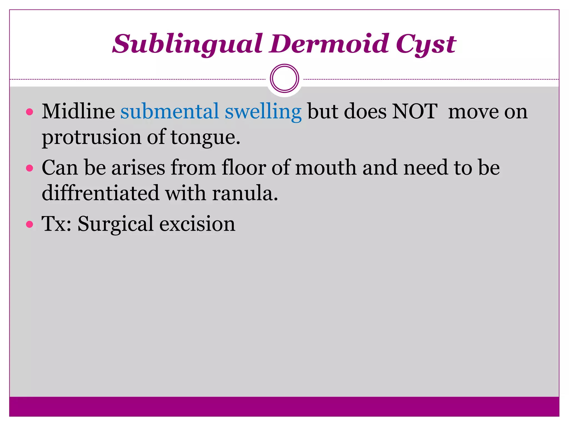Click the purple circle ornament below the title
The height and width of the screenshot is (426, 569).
pos(284,78)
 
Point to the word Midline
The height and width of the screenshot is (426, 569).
pos(78,111)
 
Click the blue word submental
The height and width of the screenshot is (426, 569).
pos(169,111)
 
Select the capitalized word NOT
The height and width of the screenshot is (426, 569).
pos(415,111)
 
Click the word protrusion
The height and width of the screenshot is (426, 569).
pos(91,138)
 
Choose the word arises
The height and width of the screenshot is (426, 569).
pos(138,168)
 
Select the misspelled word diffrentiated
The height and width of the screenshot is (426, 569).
pos(100,193)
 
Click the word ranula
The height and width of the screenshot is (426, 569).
pos(245,193)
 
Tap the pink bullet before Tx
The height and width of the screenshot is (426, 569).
pos(29,224)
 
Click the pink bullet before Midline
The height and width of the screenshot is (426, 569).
pos(29,112)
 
